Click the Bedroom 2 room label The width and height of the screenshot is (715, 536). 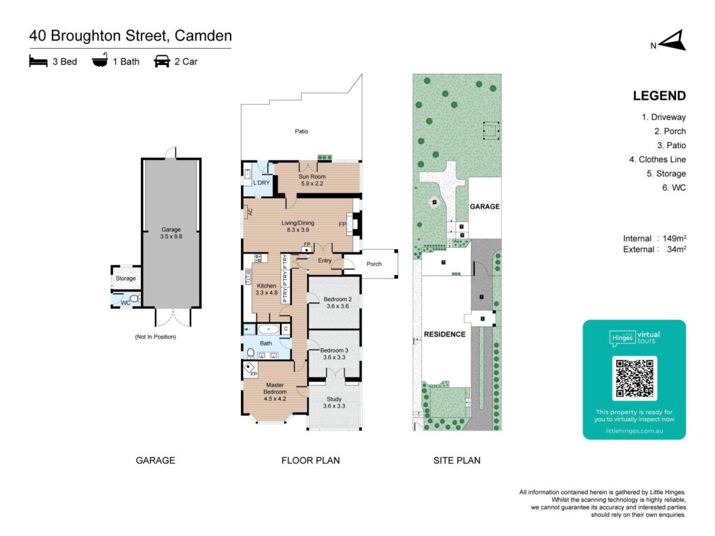pos(334,301)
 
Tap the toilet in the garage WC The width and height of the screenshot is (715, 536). pos(134,299)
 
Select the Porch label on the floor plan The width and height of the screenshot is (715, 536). pos(374,264)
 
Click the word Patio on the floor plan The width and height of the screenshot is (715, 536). pos(301,131)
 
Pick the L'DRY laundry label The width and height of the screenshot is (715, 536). pos(261,183)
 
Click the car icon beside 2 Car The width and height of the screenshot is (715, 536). pos(161,61)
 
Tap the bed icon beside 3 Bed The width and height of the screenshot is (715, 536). pos(38,61)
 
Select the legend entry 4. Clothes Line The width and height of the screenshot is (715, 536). pos(657,159)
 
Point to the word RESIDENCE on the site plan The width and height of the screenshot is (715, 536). pos(444,334)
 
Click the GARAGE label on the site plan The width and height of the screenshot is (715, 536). pos(484,207)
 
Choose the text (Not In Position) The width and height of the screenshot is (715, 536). pos(155,336)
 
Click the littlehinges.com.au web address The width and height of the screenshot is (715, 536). pos(634,431)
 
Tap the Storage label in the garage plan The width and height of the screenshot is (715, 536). pos(126,278)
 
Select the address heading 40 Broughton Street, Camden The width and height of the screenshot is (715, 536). pos(131,36)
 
